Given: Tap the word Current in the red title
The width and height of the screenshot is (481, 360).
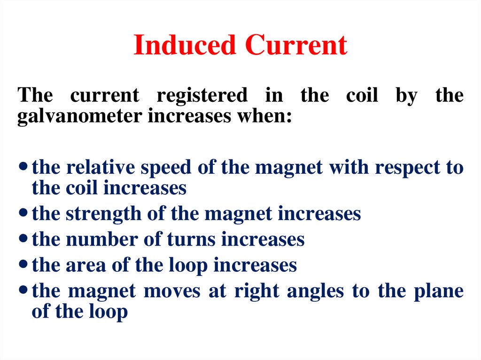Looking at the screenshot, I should pyautogui.click(x=296, y=46).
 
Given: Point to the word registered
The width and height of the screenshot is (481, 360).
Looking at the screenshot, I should pyautogui.click(x=202, y=95).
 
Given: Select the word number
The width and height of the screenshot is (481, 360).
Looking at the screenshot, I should pyautogui.click(x=101, y=239).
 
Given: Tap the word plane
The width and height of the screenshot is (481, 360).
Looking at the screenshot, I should pyautogui.click(x=438, y=291).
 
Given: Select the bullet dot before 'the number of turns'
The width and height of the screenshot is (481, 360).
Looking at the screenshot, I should pyautogui.click(x=24, y=240).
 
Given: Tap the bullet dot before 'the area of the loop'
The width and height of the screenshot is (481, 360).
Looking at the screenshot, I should pyautogui.click(x=24, y=265).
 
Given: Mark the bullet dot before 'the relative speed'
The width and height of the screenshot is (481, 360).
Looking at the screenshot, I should pyautogui.click(x=24, y=168).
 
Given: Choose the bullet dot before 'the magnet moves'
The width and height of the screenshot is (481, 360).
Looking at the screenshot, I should pyautogui.click(x=24, y=291).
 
